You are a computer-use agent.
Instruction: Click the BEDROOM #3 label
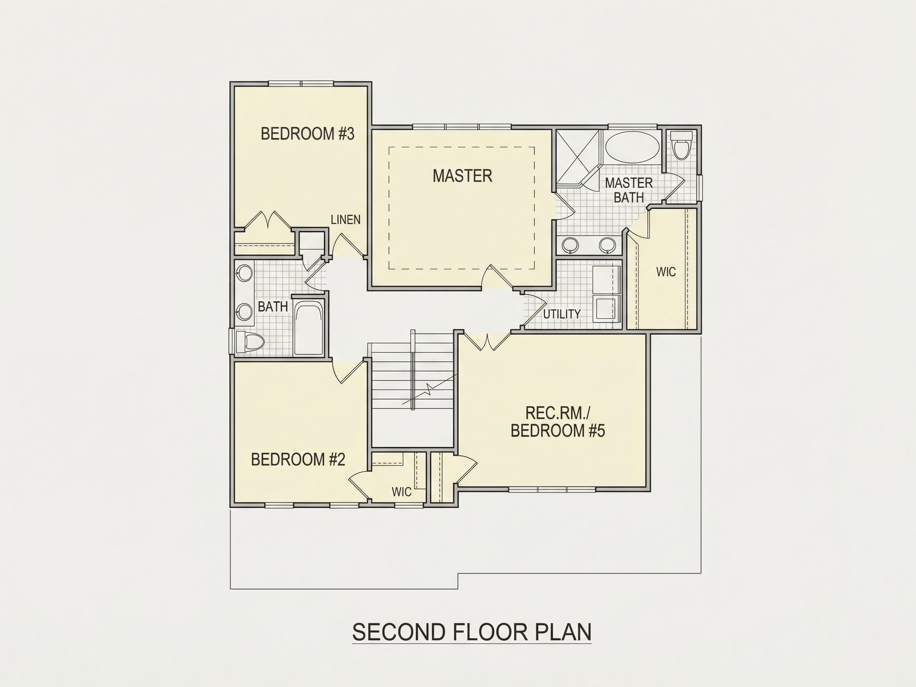[307, 134]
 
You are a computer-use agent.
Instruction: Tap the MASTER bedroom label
[462, 176]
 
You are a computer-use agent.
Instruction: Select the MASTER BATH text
[629, 190]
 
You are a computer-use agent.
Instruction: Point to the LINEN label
[345, 220]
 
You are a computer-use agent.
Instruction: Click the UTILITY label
[561, 314]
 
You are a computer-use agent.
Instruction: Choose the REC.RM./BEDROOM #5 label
[557, 422]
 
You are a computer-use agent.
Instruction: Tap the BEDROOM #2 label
[298, 460]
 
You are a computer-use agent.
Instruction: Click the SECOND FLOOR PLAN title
[472, 631]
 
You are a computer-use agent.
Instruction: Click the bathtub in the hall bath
[309, 328]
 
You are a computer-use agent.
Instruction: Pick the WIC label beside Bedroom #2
[402, 492]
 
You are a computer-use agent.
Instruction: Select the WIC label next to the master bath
[666, 272]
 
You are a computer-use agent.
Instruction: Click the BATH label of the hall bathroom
[272, 307]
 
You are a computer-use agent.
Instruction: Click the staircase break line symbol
[429, 390]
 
